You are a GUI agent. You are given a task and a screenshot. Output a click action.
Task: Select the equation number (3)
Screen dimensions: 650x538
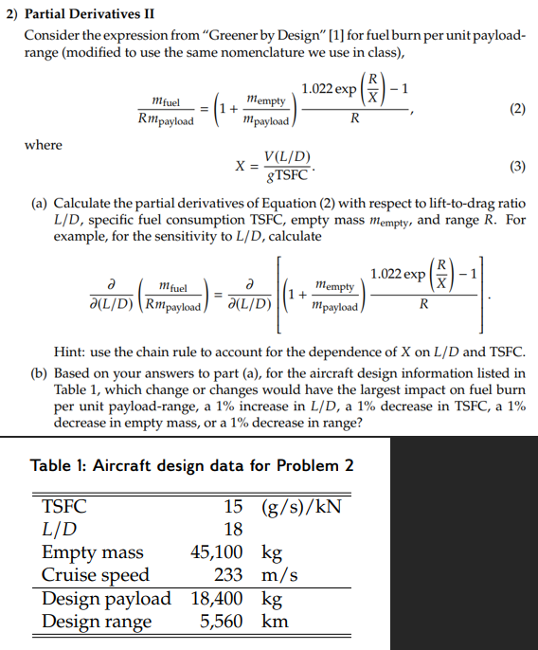click(516, 167)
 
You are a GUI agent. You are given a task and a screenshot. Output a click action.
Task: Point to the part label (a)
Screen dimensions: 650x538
click(39, 205)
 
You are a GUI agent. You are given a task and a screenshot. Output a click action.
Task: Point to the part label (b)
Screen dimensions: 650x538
click(39, 372)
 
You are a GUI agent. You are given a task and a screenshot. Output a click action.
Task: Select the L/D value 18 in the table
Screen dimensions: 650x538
click(232, 529)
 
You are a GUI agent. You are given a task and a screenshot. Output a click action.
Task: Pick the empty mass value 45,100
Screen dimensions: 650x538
click(216, 551)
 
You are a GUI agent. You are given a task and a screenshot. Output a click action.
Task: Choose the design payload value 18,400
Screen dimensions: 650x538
click(216, 598)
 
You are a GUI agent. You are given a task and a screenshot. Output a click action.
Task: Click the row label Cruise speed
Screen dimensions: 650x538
click(96, 574)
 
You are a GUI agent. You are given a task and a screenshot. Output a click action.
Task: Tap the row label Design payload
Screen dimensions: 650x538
click(106, 598)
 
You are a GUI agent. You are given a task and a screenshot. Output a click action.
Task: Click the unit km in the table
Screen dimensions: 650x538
click(275, 622)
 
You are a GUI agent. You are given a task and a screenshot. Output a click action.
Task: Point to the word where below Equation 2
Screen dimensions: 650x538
click(44, 145)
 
